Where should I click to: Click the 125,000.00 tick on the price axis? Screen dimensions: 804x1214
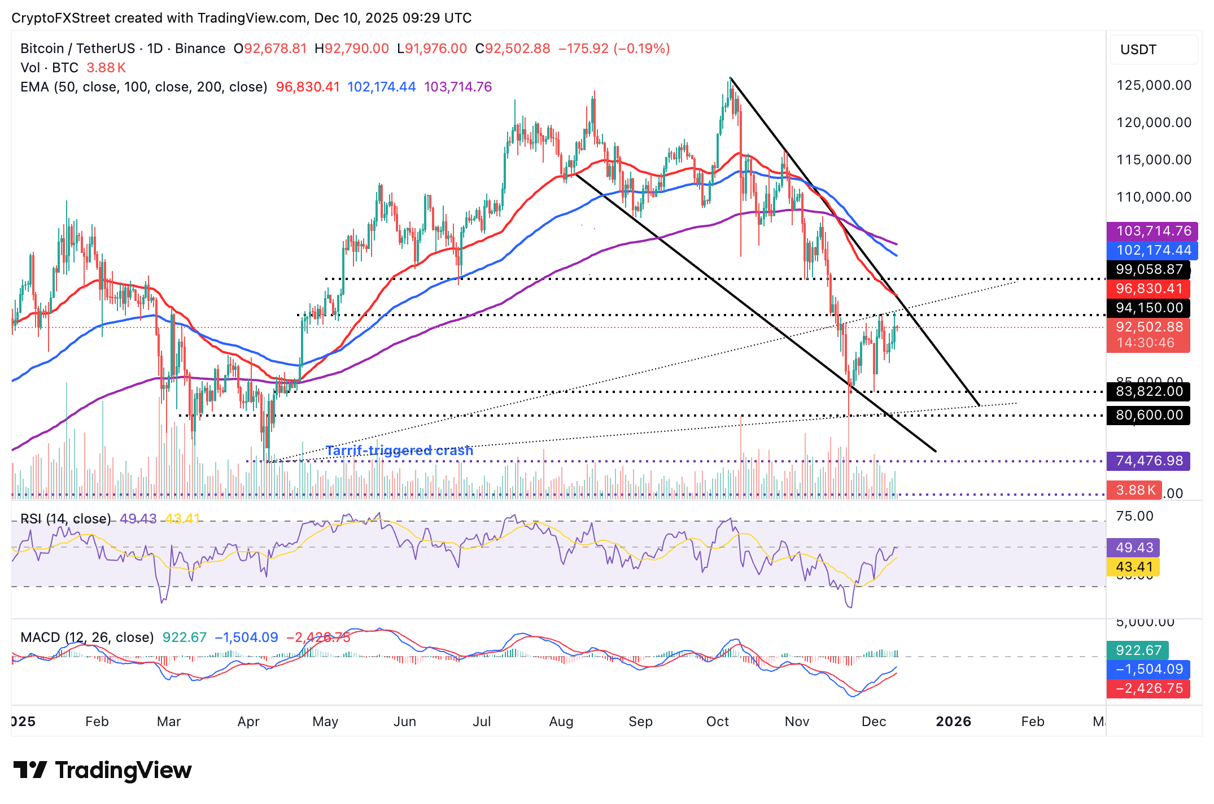tap(1154, 85)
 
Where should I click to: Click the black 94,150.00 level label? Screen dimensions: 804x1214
tap(1149, 308)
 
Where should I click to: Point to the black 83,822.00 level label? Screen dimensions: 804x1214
tap(1149, 391)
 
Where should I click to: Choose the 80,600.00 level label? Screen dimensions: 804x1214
tap(1149, 415)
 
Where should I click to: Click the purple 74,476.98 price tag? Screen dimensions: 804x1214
tap(1149, 461)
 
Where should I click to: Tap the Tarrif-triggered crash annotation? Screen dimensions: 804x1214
tap(399, 451)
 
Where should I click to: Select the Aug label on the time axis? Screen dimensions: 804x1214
tap(561, 722)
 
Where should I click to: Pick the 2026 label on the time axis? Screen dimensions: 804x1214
tap(953, 722)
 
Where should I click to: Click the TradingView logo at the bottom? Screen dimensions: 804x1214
tap(102, 770)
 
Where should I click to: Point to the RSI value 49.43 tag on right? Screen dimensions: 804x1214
tap(1134, 547)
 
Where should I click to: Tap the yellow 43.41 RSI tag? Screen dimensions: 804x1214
tap(1134, 566)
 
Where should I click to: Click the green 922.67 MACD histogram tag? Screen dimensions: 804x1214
tap(1137, 650)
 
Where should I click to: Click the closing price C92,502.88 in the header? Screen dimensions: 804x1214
tap(513, 49)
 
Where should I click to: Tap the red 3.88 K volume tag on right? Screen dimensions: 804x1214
tap(1135, 490)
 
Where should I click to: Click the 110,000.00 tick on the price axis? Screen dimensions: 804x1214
tap(1154, 197)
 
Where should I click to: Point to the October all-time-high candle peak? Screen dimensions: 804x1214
tap(730, 79)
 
